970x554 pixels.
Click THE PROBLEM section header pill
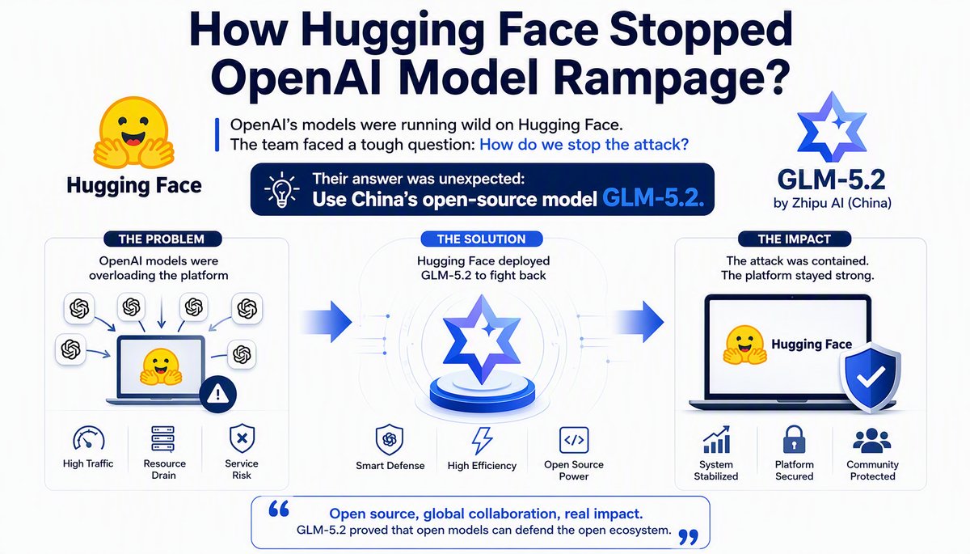162,239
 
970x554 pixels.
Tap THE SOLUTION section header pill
481,239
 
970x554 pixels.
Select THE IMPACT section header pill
794,239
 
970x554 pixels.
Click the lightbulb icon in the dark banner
282,189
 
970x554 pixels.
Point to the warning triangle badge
217,394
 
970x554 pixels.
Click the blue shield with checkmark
871,377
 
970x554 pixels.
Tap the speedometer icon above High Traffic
89,438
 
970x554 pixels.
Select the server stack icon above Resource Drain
163,439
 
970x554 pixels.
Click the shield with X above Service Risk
242,438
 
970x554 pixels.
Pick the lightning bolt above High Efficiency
482,441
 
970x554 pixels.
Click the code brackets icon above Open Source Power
574,440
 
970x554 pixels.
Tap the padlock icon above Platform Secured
794,439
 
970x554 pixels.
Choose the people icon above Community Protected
872,440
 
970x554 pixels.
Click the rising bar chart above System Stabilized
717,439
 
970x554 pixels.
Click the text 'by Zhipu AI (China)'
833,203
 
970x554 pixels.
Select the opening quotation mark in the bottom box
278,509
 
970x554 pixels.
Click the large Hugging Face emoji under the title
134,133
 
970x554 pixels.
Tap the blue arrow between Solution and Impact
639,322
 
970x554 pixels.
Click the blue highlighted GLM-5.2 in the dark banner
653,199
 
